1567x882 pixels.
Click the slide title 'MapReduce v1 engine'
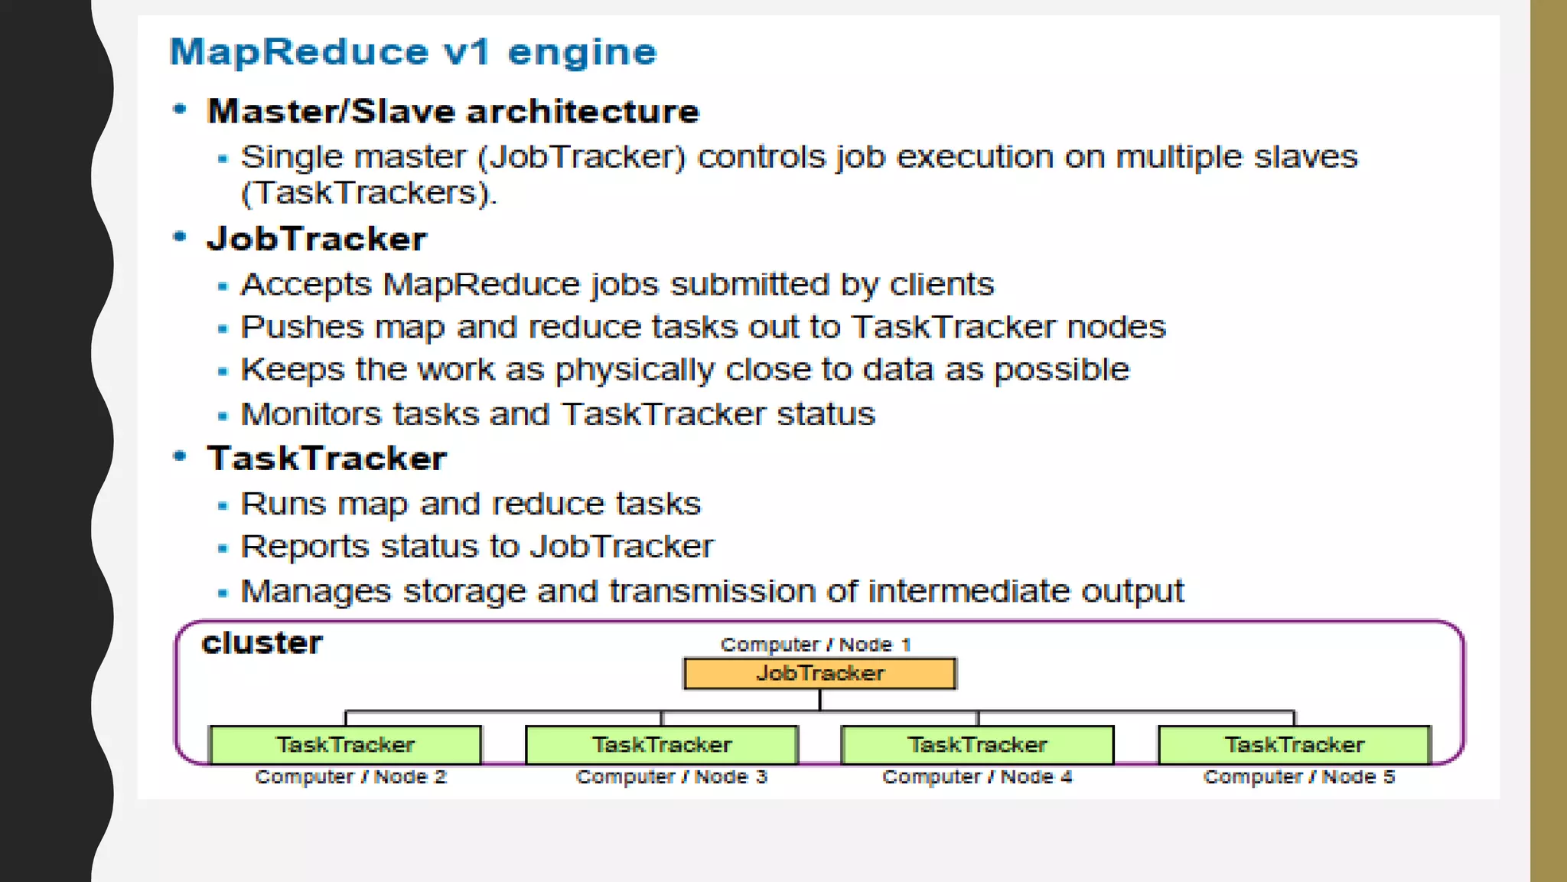pos(413,52)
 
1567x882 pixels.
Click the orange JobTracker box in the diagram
pos(819,674)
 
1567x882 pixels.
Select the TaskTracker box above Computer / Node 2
pos(345,745)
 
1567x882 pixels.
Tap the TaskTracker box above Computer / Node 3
pos(662,745)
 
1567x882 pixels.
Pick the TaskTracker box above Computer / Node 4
pos(977,745)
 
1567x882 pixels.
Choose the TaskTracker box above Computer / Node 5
pos(1294,745)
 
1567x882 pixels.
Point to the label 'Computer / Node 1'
pos(816,645)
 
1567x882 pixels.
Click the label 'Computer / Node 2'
pos(350,777)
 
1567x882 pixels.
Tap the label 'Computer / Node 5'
pos(1298,777)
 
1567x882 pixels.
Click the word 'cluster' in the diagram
pos(262,643)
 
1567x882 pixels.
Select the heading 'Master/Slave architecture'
pos(453,112)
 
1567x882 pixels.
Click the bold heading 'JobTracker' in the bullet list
pos(317,239)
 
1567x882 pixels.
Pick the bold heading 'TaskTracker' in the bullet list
pos(327,459)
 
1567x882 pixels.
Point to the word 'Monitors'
pos(311,414)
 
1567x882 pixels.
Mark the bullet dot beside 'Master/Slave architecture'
pos(180,109)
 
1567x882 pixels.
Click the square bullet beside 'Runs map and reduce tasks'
pos(223,506)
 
